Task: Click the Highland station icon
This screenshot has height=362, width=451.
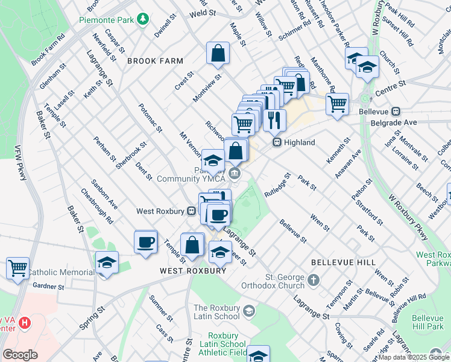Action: (277, 142)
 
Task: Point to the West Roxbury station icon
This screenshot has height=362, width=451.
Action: (191, 211)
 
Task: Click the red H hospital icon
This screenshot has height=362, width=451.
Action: (24, 323)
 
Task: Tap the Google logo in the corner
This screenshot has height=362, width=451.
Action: (20, 355)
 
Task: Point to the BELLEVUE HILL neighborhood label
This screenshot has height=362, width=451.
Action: (344, 263)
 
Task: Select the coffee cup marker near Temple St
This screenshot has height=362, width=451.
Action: (145, 242)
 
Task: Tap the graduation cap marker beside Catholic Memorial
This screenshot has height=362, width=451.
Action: (107, 263)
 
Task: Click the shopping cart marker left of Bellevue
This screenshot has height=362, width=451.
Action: (338, 103)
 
